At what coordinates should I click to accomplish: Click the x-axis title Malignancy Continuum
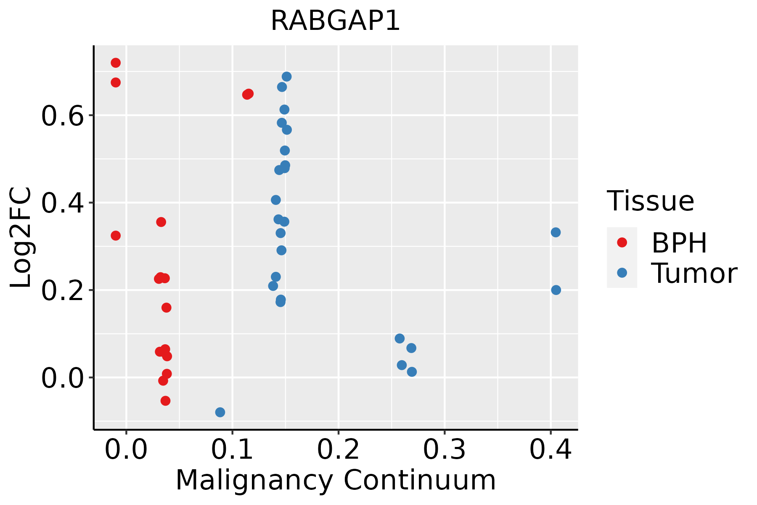(336, 480)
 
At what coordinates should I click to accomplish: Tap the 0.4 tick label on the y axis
(63, 203)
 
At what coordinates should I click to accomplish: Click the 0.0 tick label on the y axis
(63, 378)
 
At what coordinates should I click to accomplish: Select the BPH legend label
(679, 243)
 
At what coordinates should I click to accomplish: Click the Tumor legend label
(694, 274)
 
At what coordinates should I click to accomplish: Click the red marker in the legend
(622, 242)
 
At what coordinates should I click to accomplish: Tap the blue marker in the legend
(622, 273)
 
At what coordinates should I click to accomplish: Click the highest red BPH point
(116, 63)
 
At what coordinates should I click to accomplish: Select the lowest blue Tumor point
(220, 412)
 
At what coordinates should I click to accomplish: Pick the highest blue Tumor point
(287, 77)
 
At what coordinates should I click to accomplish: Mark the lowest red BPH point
(165, 401)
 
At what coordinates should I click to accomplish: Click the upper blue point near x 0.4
(556, 232)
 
